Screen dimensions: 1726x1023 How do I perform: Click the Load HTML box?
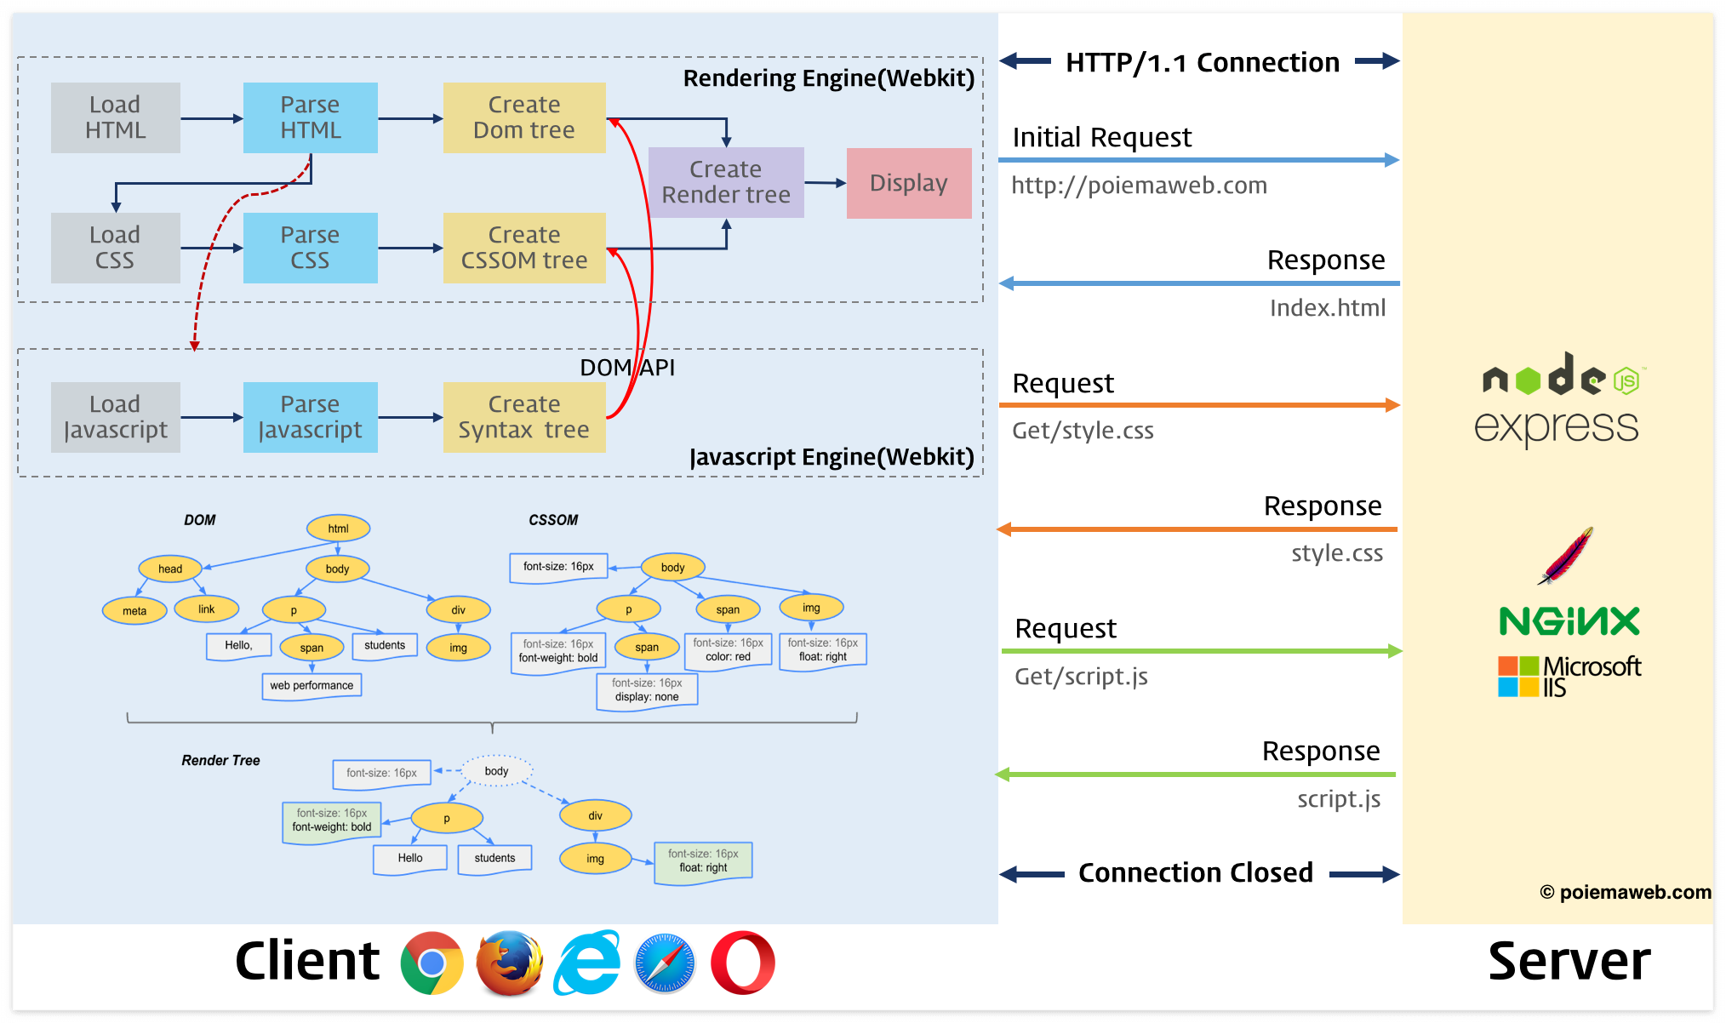coord(116,117)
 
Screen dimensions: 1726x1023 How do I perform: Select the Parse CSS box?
coord(311,248)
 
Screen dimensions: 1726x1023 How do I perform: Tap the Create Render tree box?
coord(726,182)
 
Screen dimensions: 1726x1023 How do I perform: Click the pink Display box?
coord(909,183)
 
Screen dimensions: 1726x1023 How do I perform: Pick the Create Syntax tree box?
coord(524,417)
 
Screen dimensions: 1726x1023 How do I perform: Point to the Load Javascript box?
coord(116,417)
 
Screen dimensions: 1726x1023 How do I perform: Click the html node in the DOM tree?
coord(339,529)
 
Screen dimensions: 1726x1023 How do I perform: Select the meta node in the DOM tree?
coord(134,610)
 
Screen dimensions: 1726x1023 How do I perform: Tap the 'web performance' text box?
coord(311,686)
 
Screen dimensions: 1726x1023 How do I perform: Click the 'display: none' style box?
coord(647,690)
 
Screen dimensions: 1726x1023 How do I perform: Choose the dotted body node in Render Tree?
coord(497,771)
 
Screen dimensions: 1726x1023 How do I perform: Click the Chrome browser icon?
coord(432,963)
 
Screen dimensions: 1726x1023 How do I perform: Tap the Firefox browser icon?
coord(509,963)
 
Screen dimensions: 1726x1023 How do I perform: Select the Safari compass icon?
coord(665,963)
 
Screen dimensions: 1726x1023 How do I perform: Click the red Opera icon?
coord(743,963)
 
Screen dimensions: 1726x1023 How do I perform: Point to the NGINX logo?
coord(1569,621)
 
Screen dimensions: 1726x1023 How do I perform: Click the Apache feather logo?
coord(1566,555)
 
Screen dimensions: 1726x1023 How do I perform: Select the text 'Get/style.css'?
coord(1083,431)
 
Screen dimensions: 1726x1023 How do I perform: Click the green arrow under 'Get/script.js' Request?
coord(1202,651)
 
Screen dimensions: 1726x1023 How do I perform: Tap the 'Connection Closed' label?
coord(1196,872)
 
